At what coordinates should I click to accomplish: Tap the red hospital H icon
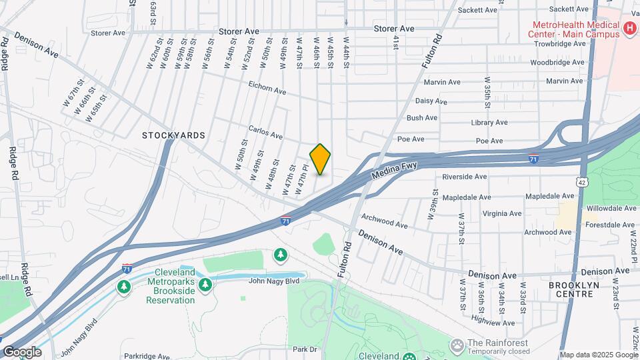coord(629,29)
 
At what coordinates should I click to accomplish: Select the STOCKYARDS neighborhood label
coord(173,135)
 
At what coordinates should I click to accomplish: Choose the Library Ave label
coord(489,123)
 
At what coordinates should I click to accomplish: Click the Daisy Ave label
coord(431,101)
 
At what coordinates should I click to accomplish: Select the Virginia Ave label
coord(502,214)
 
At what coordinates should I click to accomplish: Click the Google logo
coord(21,352)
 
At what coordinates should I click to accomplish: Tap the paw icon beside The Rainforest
coord(457,345)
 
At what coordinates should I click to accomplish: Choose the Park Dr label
coord(304,349)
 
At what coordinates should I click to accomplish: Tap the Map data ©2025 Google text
coord(598,355)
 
